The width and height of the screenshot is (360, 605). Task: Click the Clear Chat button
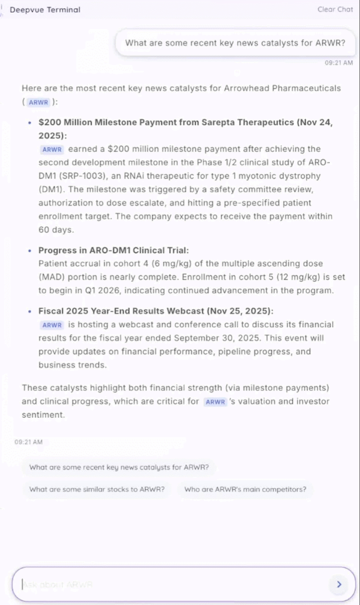pos(335,9)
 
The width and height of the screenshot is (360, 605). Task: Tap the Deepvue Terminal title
pos(45,9)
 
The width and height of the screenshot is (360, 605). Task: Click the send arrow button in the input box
pos(339,584)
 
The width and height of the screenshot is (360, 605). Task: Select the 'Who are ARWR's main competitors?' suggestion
pos(245,489)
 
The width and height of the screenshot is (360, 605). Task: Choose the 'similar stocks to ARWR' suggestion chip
pos(97,489)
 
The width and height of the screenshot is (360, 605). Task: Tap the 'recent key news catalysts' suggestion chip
pos(119,467)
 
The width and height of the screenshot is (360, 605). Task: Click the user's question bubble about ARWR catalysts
pos(235,43)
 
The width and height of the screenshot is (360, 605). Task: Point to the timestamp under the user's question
pos(339,62)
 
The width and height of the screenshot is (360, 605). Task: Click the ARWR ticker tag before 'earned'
pos(52,149)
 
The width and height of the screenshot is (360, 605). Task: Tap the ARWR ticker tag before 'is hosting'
pos(52,325)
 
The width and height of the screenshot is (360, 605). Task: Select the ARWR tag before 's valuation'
pos(215,402)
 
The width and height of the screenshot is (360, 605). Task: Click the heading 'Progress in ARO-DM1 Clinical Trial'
pos(113,251)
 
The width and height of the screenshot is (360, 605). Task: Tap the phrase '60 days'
pos(56,230)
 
